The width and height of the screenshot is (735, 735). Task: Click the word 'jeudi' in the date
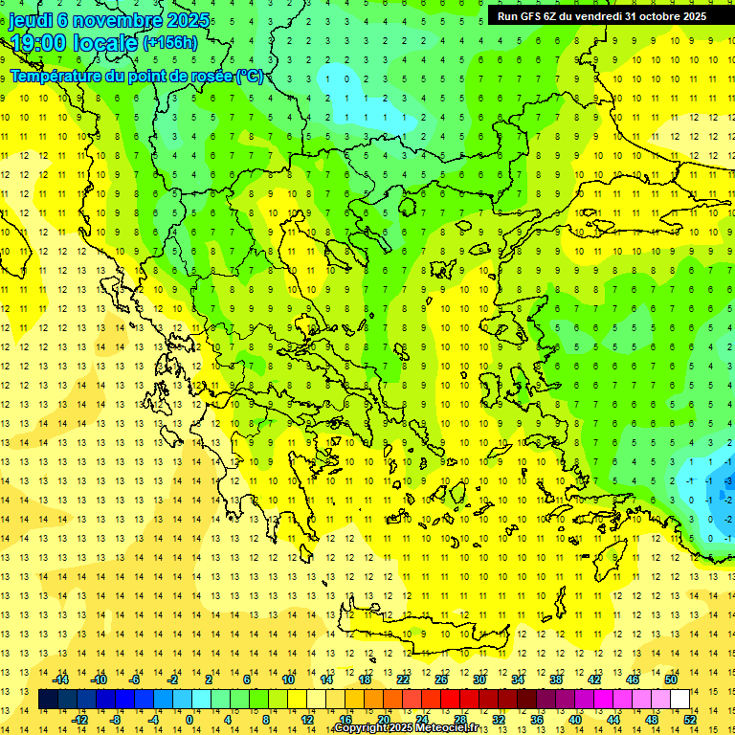(31, 20)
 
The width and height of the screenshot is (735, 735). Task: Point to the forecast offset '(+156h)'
(170, 43)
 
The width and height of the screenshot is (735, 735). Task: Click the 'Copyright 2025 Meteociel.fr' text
(406, 728)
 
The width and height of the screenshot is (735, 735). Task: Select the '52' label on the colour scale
(690, 719)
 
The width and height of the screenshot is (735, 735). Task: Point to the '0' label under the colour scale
(189, 719)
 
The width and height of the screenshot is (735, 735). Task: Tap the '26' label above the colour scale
(441, 679)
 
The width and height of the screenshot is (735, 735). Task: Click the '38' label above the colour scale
(556, 679)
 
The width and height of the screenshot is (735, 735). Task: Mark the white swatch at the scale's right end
(680, 699)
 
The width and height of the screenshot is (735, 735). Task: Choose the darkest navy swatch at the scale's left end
(48, 699)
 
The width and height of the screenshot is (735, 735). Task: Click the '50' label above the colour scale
(671, 679)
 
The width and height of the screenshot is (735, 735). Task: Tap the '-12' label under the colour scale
(79, 719)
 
